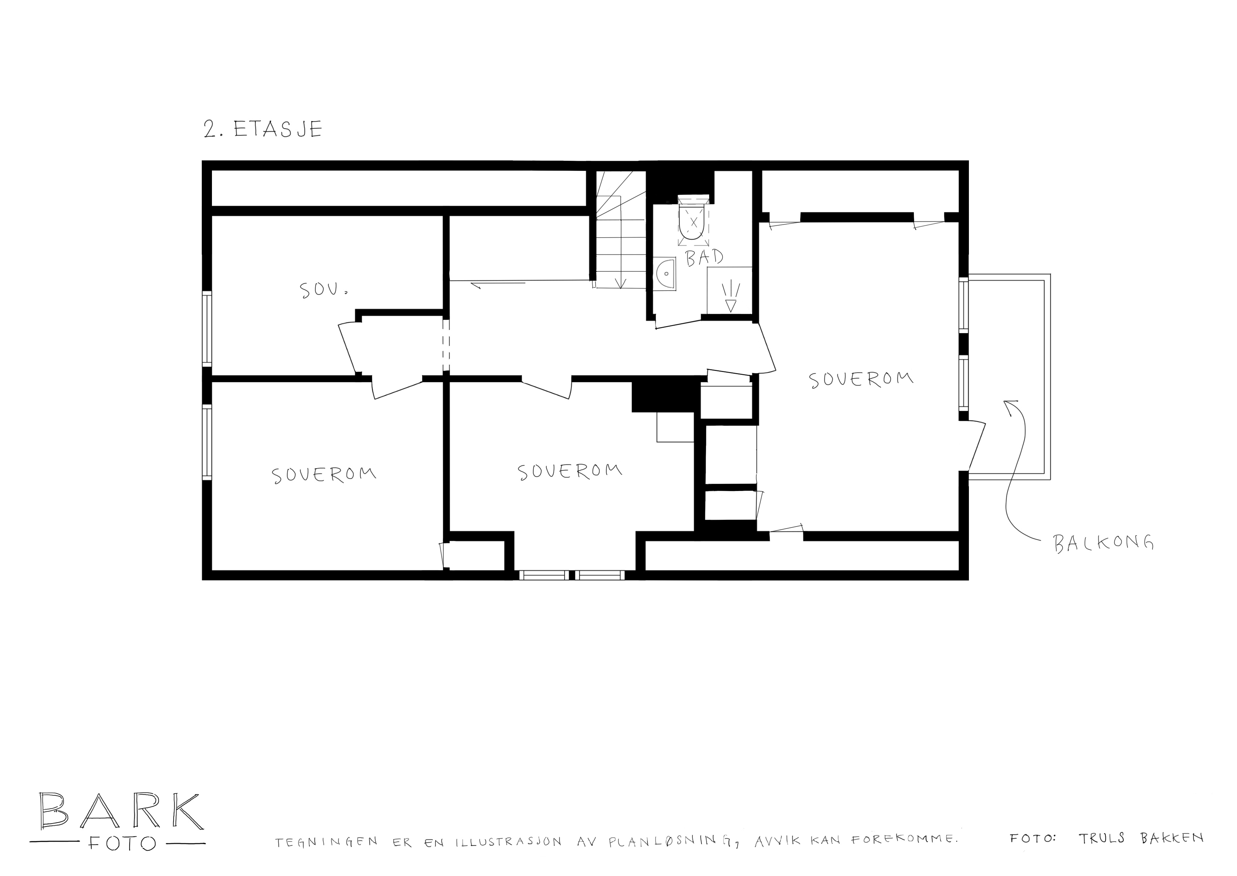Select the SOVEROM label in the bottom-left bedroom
point(324,475)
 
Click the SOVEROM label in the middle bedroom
point(570,471)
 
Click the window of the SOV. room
point(207,329)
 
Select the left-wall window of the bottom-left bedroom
point(207,442)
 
